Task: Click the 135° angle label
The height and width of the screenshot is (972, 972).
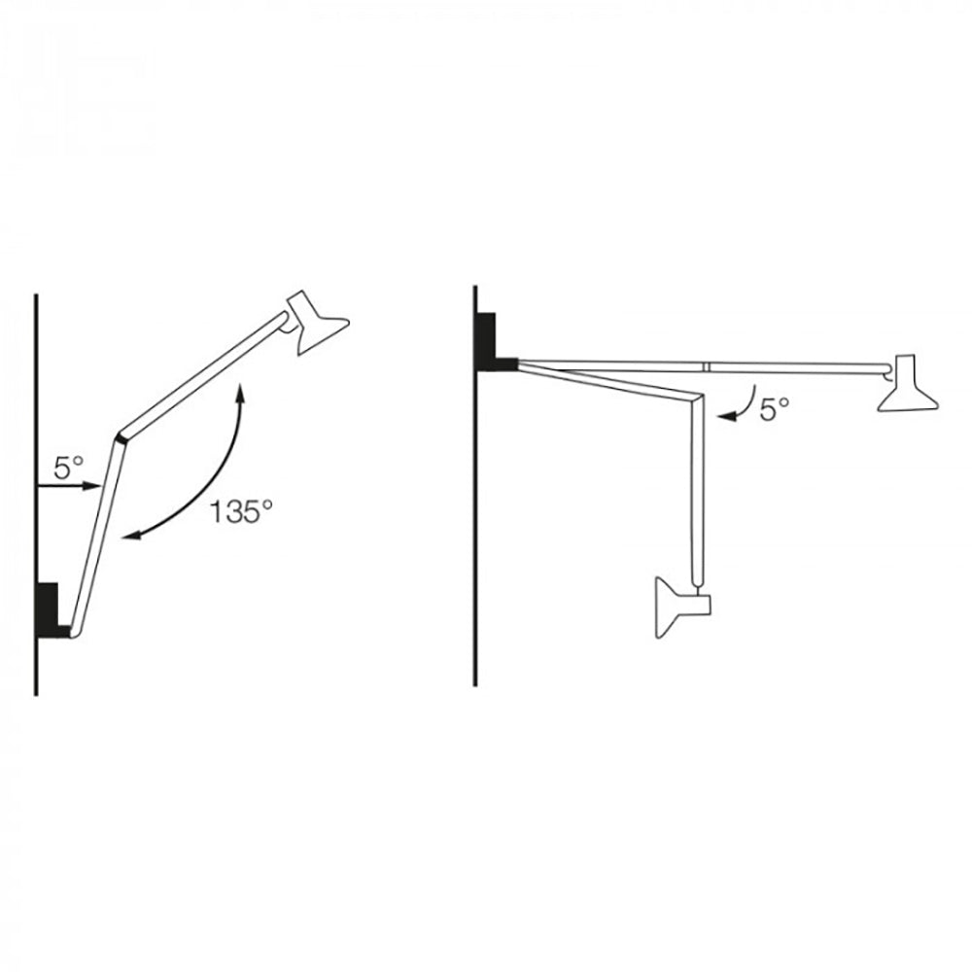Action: pos(235,511)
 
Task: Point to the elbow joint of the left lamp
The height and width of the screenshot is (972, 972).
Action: pos(120,436)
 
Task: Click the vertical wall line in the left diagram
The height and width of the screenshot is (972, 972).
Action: pos(36,389)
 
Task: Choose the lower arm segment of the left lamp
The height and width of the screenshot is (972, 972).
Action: pos(93,535)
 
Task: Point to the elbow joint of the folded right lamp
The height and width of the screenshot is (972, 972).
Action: pos(696,398)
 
